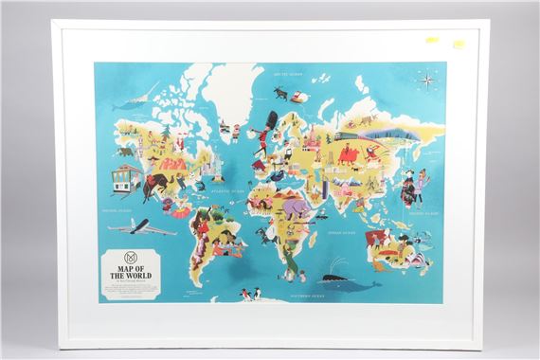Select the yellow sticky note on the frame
pyautogui.click(x=459, y=43)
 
